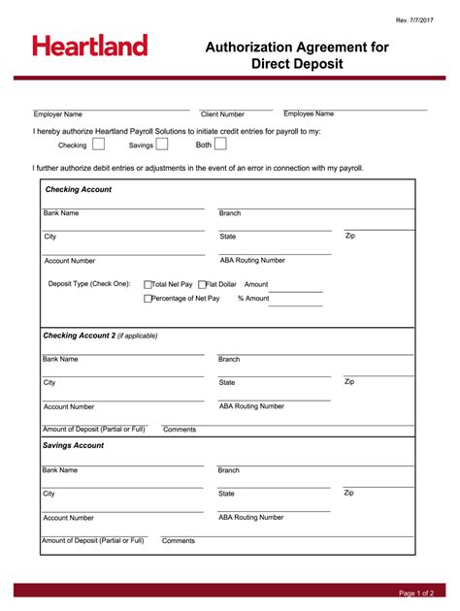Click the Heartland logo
(x=89, y=46)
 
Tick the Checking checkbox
(x=100, y=145)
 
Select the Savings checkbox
(x=162, y=145)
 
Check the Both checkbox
(x=220, y=145)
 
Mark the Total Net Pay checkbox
(x=148, y=285)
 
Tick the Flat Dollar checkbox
(x=202, y=285)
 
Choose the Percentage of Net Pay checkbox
(x=148, y=299)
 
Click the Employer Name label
(x=58, y=114)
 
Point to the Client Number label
(x=222, y=114)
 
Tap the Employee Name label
(x=309, y=113)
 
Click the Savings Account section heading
(x=73, y=445)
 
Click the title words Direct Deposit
(x=297, y=65)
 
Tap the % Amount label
(x=253, y=299)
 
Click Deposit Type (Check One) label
(x=89, y=284)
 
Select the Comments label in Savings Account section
(x=179, y=541)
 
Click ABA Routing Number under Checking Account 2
(x=251, y=406)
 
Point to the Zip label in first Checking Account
(x=350, y=236)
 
